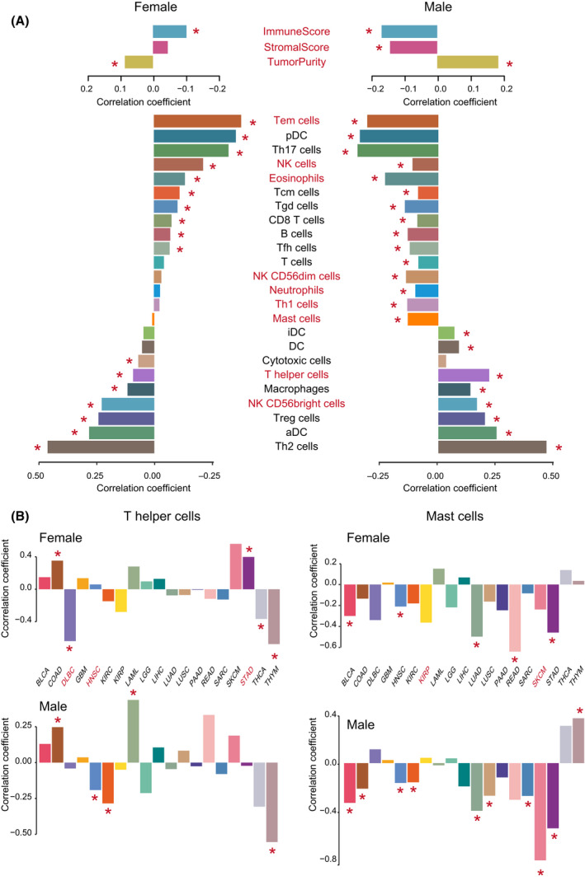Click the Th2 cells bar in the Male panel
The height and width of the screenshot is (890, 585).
[x=492, y=447]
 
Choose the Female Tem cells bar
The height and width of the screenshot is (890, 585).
[x=197, y=121]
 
